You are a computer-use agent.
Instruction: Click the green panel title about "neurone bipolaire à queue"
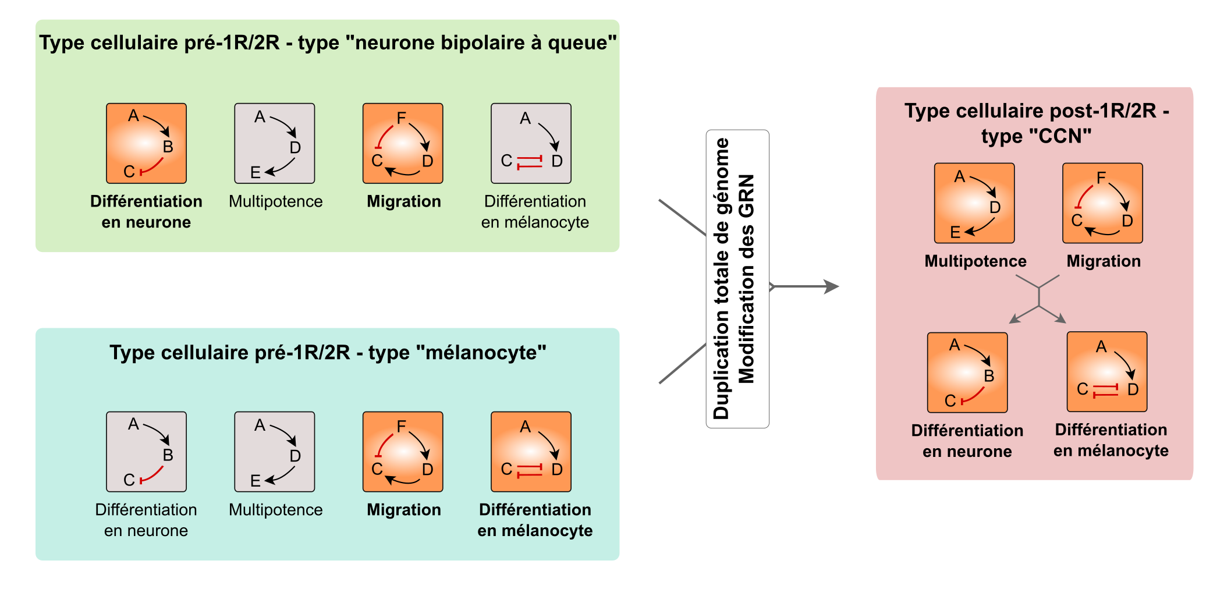click(328, 42)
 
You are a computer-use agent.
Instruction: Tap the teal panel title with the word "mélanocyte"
click(328, 352)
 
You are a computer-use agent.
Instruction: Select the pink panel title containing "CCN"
click(1036, 123)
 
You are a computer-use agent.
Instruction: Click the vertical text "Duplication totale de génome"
click(721, 279)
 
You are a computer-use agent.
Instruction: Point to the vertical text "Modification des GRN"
click(746, 279)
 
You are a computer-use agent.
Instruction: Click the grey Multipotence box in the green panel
click(275, 144)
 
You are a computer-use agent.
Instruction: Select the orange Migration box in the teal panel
click(403, 452)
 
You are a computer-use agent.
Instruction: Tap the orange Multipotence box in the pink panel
click(974, 203)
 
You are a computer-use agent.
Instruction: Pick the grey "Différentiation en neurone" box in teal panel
click(146, 452)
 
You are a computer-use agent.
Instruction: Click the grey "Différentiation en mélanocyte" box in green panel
click(531, 144)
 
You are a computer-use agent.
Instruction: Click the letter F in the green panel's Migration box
click(401, 118)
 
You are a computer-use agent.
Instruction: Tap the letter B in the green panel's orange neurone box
click(168, 147)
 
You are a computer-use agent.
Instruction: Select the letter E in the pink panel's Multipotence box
click(955, 232)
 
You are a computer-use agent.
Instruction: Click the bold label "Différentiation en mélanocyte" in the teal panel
click(535, 520)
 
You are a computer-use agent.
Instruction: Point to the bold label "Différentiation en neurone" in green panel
click(146, 211)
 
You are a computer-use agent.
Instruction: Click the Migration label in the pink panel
click(1103, 261)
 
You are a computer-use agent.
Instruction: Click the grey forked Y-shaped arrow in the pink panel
click(1039, 298)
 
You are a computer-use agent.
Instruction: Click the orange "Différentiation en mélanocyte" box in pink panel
click(1106, 371)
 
